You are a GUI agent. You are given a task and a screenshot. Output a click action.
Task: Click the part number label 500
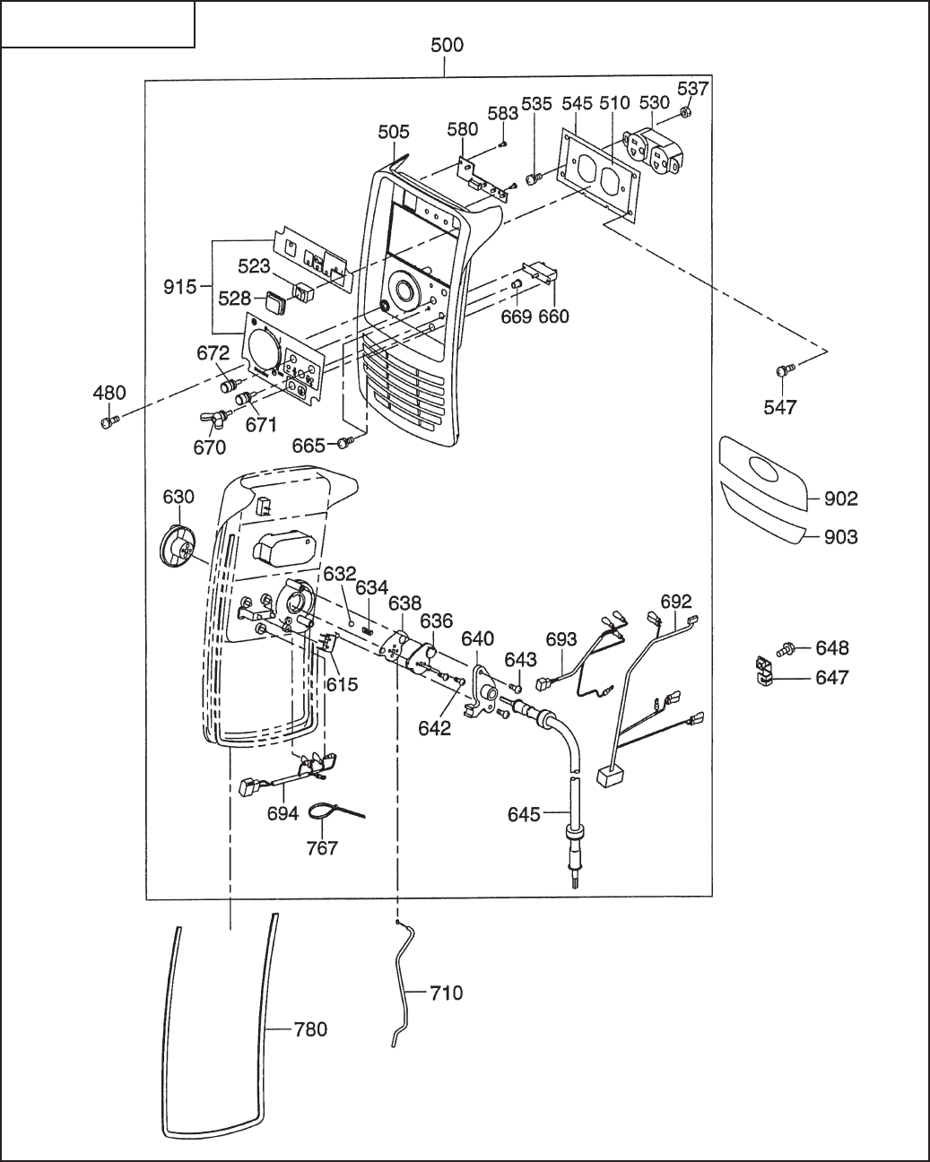(x=448, y=46)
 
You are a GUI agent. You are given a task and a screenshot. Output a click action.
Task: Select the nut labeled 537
(x=684, y=112)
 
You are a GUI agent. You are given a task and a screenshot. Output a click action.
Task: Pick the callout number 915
(x=180, y=287)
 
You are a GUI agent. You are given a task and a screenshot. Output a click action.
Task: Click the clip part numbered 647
(x=764, y=672)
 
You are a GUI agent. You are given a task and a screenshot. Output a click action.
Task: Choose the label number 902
(x=841, y=499)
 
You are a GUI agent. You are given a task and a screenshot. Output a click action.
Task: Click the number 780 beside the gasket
(x=310, y=1029)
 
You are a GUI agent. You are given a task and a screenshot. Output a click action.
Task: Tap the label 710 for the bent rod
(x=446, y=993)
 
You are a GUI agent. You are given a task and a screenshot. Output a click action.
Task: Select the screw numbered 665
(x=344, y=442)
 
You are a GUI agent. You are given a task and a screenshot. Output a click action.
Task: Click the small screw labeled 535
(x=534, y=178)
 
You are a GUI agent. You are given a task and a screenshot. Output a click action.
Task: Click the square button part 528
(x=277, y=300)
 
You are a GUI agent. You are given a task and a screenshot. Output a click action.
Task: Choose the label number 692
(x=676, y=601)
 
